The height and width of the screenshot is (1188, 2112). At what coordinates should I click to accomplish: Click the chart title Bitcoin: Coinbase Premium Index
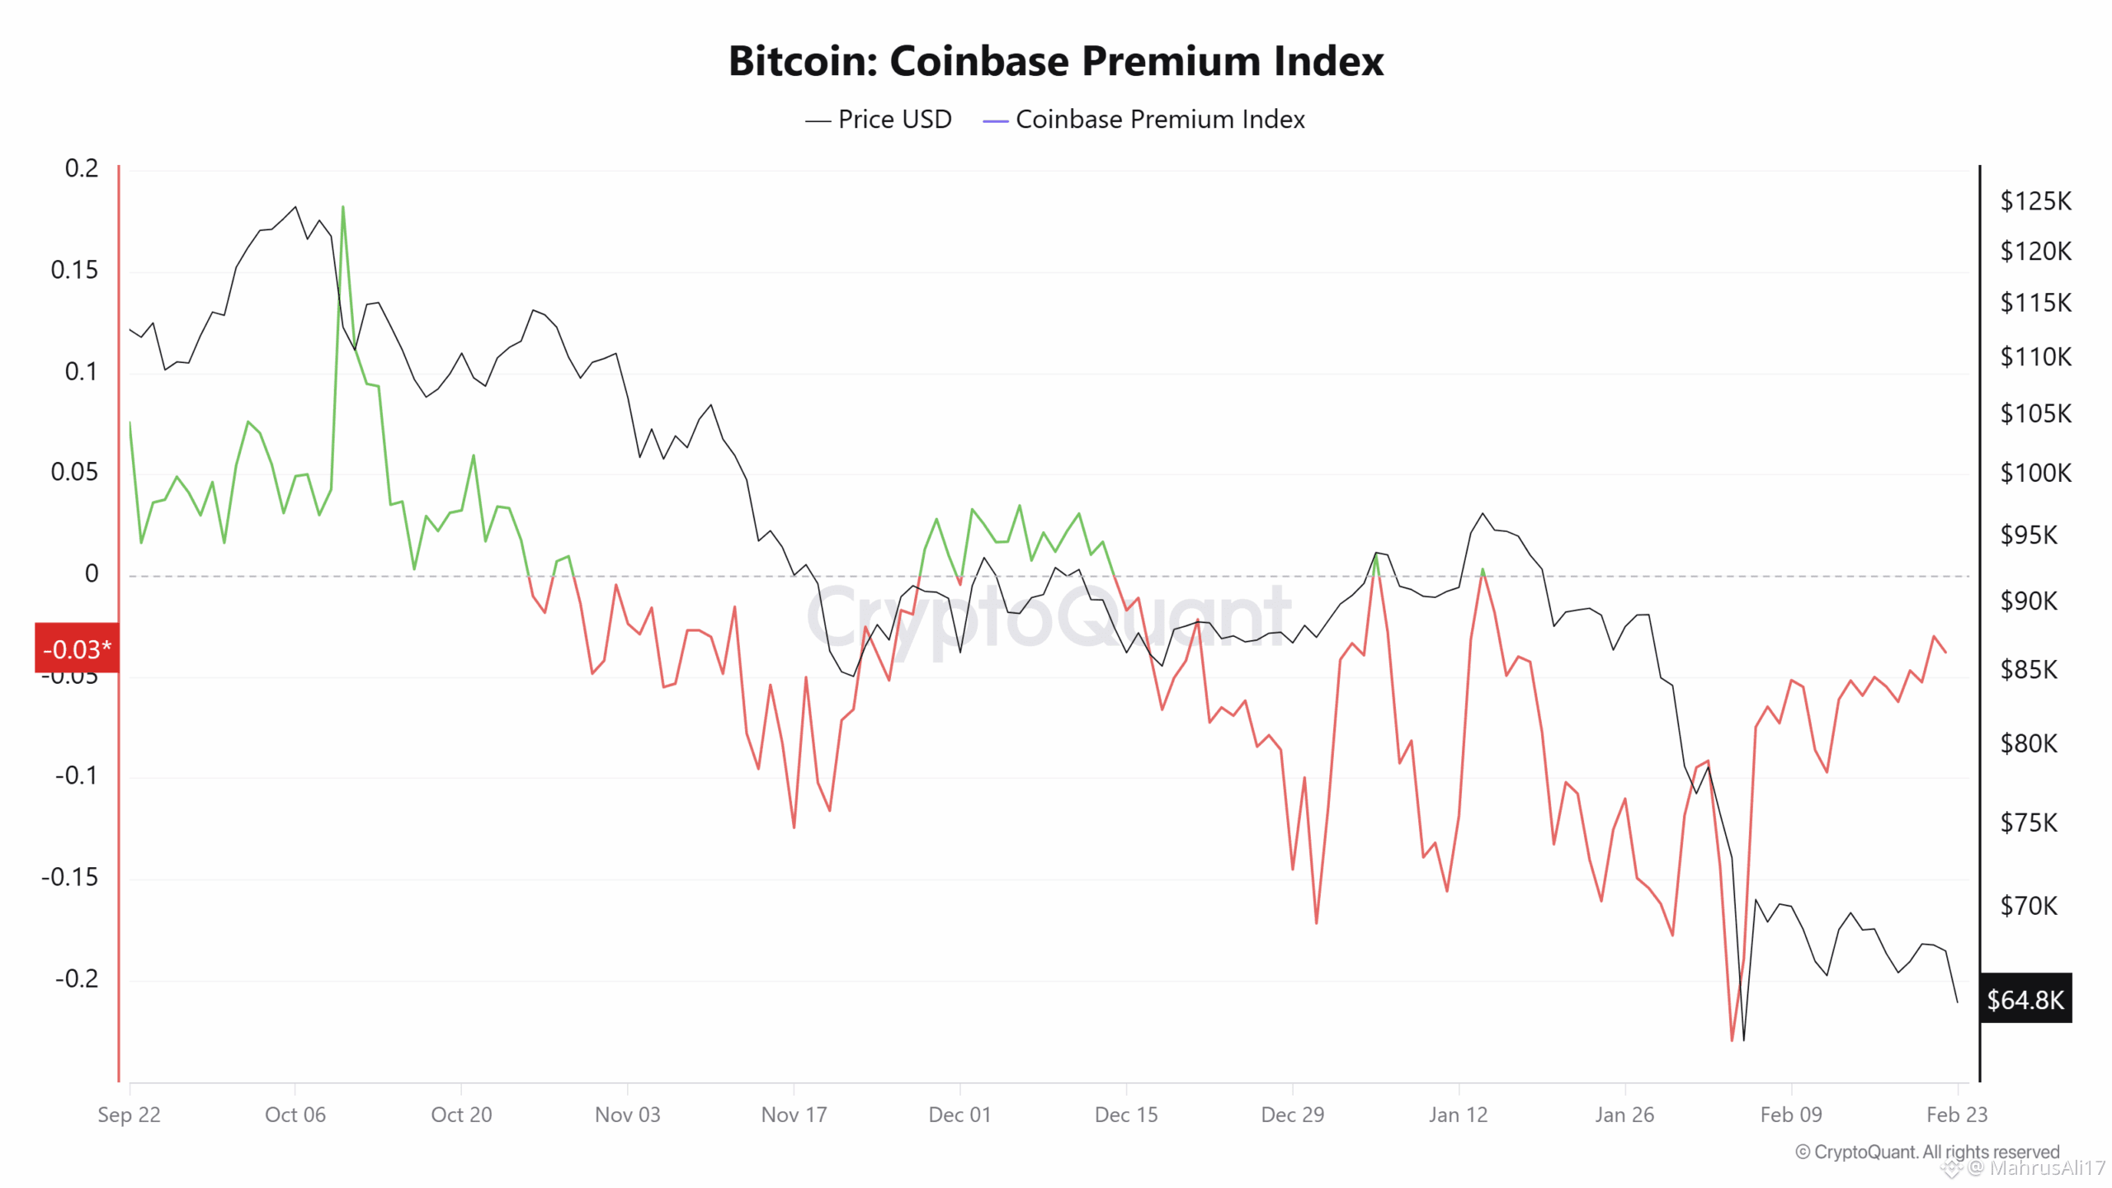[x=1055, y=61]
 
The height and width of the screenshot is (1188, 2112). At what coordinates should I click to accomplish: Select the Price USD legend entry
[x=879, y=120]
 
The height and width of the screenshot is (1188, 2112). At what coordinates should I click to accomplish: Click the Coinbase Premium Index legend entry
[x=1145, y=120]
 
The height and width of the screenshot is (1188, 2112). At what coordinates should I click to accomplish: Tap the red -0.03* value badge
[x=77, y=648]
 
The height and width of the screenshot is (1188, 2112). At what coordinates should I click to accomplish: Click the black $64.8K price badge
[x=2025, y=999]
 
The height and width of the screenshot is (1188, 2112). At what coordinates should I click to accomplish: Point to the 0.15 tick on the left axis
[x=74, y=270]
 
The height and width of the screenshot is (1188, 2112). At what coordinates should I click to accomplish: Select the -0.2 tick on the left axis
[x=76, y=978]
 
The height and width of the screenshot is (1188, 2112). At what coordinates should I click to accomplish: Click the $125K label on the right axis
[x=2034, y=200]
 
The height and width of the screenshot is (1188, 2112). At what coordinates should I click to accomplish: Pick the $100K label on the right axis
[x=2034, y=473]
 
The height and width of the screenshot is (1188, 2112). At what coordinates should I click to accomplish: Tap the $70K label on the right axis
[x=2029, y=906]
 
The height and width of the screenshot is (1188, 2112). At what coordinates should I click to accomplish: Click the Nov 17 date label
[x=794, y=1115]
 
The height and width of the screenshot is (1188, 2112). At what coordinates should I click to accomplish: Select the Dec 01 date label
[x=959, y=1115]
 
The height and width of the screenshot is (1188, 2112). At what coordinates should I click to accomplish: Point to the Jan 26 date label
[x=1624, y=1115]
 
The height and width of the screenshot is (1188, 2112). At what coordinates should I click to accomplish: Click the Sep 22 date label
[x=129, y=1115]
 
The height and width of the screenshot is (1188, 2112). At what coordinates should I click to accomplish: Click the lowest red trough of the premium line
[x=1732, y=1039]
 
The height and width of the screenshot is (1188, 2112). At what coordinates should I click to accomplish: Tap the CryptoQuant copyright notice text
[x=1927, y=1152]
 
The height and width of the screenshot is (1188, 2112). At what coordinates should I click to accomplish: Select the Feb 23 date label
[x=1956, y=1115]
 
